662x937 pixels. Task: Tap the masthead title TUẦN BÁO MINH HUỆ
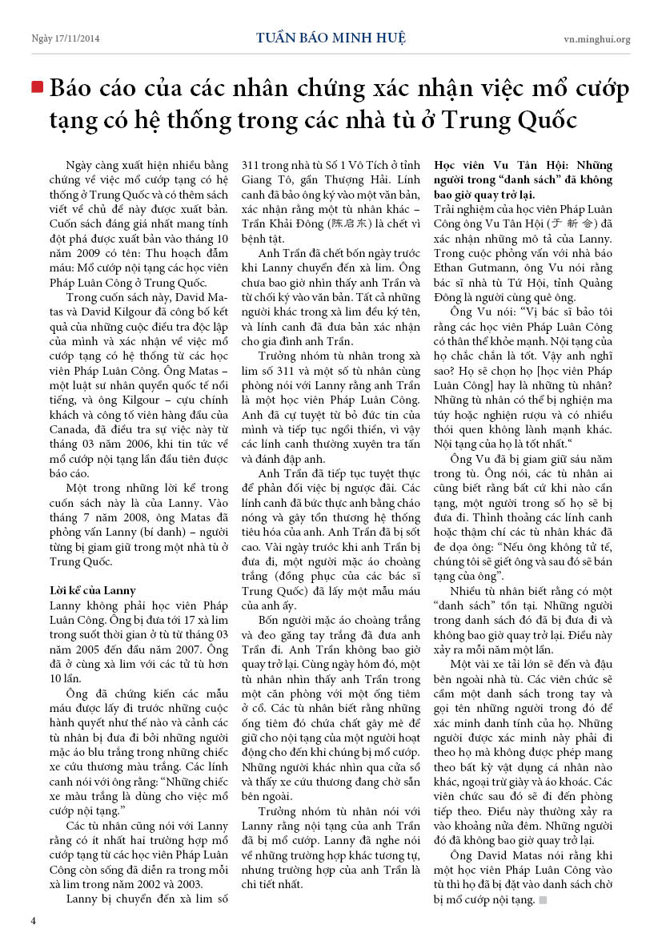click(331, 38)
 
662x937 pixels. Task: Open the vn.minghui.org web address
click(596, 38)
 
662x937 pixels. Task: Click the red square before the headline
click(37, 87)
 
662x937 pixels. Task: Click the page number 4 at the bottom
click(34, 920)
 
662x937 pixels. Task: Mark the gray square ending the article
click(543, 900)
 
